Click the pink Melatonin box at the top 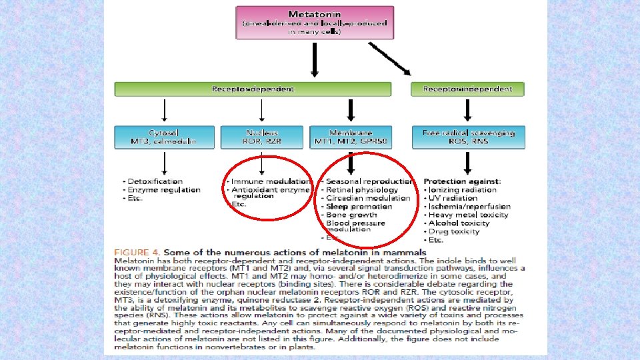point(315,23)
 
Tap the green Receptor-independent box point(467,89)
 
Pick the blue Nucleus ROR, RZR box point(263,137)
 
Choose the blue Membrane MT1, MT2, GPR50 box point(351,137)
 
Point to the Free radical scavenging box point(468,137)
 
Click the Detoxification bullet point(153,181)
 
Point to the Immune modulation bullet point(269,181)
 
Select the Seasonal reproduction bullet point(369,181)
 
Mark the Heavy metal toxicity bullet point(469,215)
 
